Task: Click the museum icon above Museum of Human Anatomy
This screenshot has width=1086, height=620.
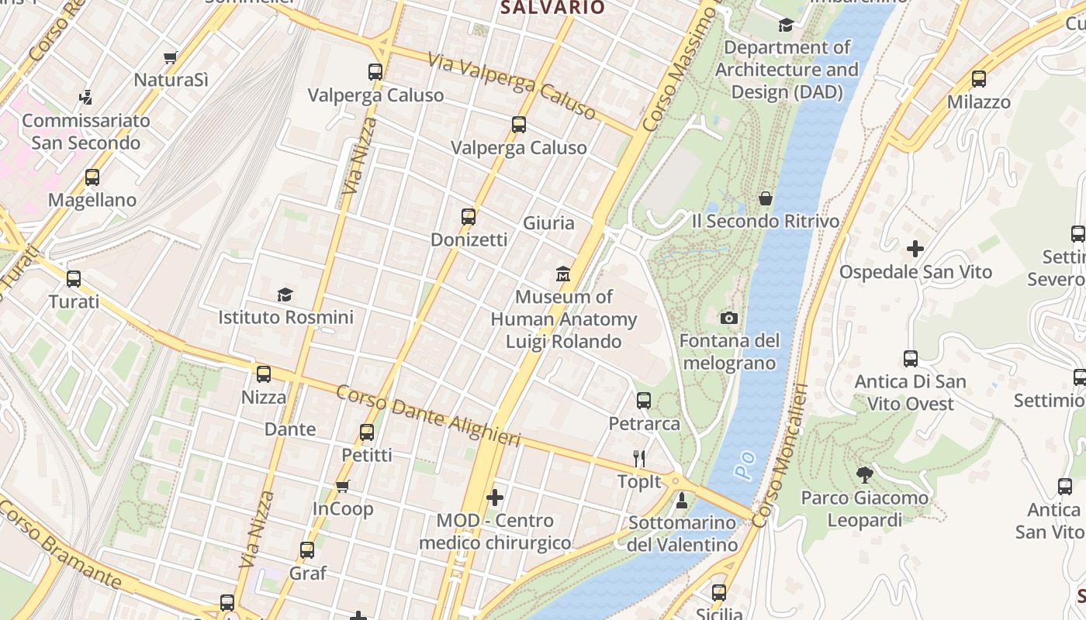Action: coord(563,274)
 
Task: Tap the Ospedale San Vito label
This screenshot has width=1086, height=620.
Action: coord(915,272)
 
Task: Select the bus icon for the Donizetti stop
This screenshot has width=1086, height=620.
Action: coord(469,217)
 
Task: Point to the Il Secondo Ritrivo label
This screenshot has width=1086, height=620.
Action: coord(765,222)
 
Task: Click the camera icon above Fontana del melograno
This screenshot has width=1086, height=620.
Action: coord(728,318)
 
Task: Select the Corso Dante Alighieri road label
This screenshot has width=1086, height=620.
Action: coord(427,415)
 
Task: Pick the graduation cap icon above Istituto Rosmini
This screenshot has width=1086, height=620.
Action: coord(285,294)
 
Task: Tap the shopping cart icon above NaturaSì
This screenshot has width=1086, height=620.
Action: coord(171,57)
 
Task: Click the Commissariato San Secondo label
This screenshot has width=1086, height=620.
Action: coord(85,132)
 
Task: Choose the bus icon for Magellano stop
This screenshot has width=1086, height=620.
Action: coord(92,177)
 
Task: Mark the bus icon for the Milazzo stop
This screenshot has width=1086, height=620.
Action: coord(979,79)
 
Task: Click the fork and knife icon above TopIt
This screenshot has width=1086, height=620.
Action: coord(639,459)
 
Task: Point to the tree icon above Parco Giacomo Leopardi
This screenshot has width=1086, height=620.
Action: coord(864,474)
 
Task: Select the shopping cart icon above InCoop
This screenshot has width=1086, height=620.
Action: coord(342,486)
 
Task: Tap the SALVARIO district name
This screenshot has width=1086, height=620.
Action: coord(552,8)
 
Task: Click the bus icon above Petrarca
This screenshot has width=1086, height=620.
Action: coord(644,401)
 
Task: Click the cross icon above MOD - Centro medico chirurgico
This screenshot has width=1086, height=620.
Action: coord(495,498)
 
